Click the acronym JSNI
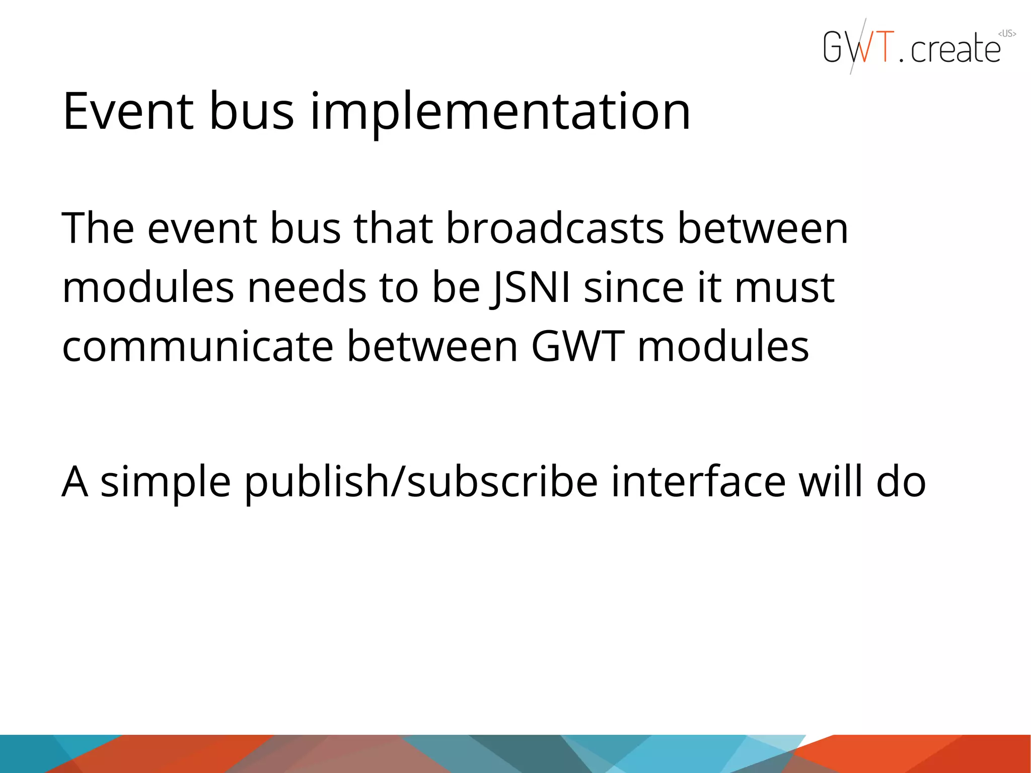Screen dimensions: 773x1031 531,288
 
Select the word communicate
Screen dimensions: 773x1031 198,347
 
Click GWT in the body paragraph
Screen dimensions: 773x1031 578,347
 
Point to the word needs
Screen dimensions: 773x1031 307,288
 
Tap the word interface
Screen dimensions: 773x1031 698,482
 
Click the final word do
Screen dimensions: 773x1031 901,482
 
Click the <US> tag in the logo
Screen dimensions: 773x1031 1007,34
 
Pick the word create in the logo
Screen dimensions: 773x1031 955,49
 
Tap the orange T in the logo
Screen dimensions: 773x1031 882,47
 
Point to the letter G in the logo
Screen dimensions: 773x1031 833,47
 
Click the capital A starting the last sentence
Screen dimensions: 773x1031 75,482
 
